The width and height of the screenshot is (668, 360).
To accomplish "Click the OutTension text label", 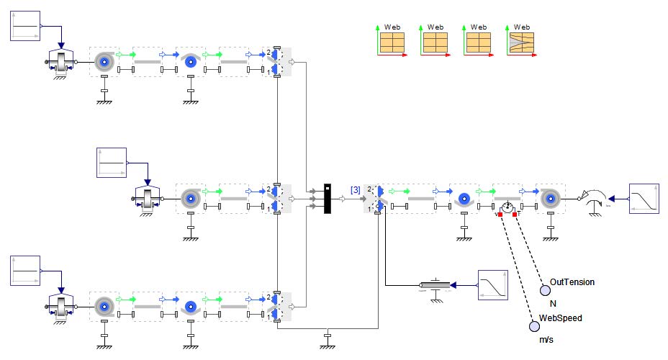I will coord(572,282).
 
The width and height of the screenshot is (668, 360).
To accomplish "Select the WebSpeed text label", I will coord(561,318).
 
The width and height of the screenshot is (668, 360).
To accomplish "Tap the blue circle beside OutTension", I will coord(545,290).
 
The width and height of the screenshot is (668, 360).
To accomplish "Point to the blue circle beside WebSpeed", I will coord(533,327).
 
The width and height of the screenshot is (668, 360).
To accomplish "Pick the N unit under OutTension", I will coord(553,303).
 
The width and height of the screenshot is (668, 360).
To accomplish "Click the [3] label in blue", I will coord(356,189).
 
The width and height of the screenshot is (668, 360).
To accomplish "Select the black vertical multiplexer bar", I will coord(327,197).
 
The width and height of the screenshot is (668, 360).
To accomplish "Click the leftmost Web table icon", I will coord(392,42).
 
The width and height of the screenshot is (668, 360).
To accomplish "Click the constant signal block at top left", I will coord(26,27).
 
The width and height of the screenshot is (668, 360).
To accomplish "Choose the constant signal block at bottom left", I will coord(26,272).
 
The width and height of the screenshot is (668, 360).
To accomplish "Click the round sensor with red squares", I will coord(507,207).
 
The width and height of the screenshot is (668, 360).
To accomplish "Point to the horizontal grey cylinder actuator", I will coord(435,286).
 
